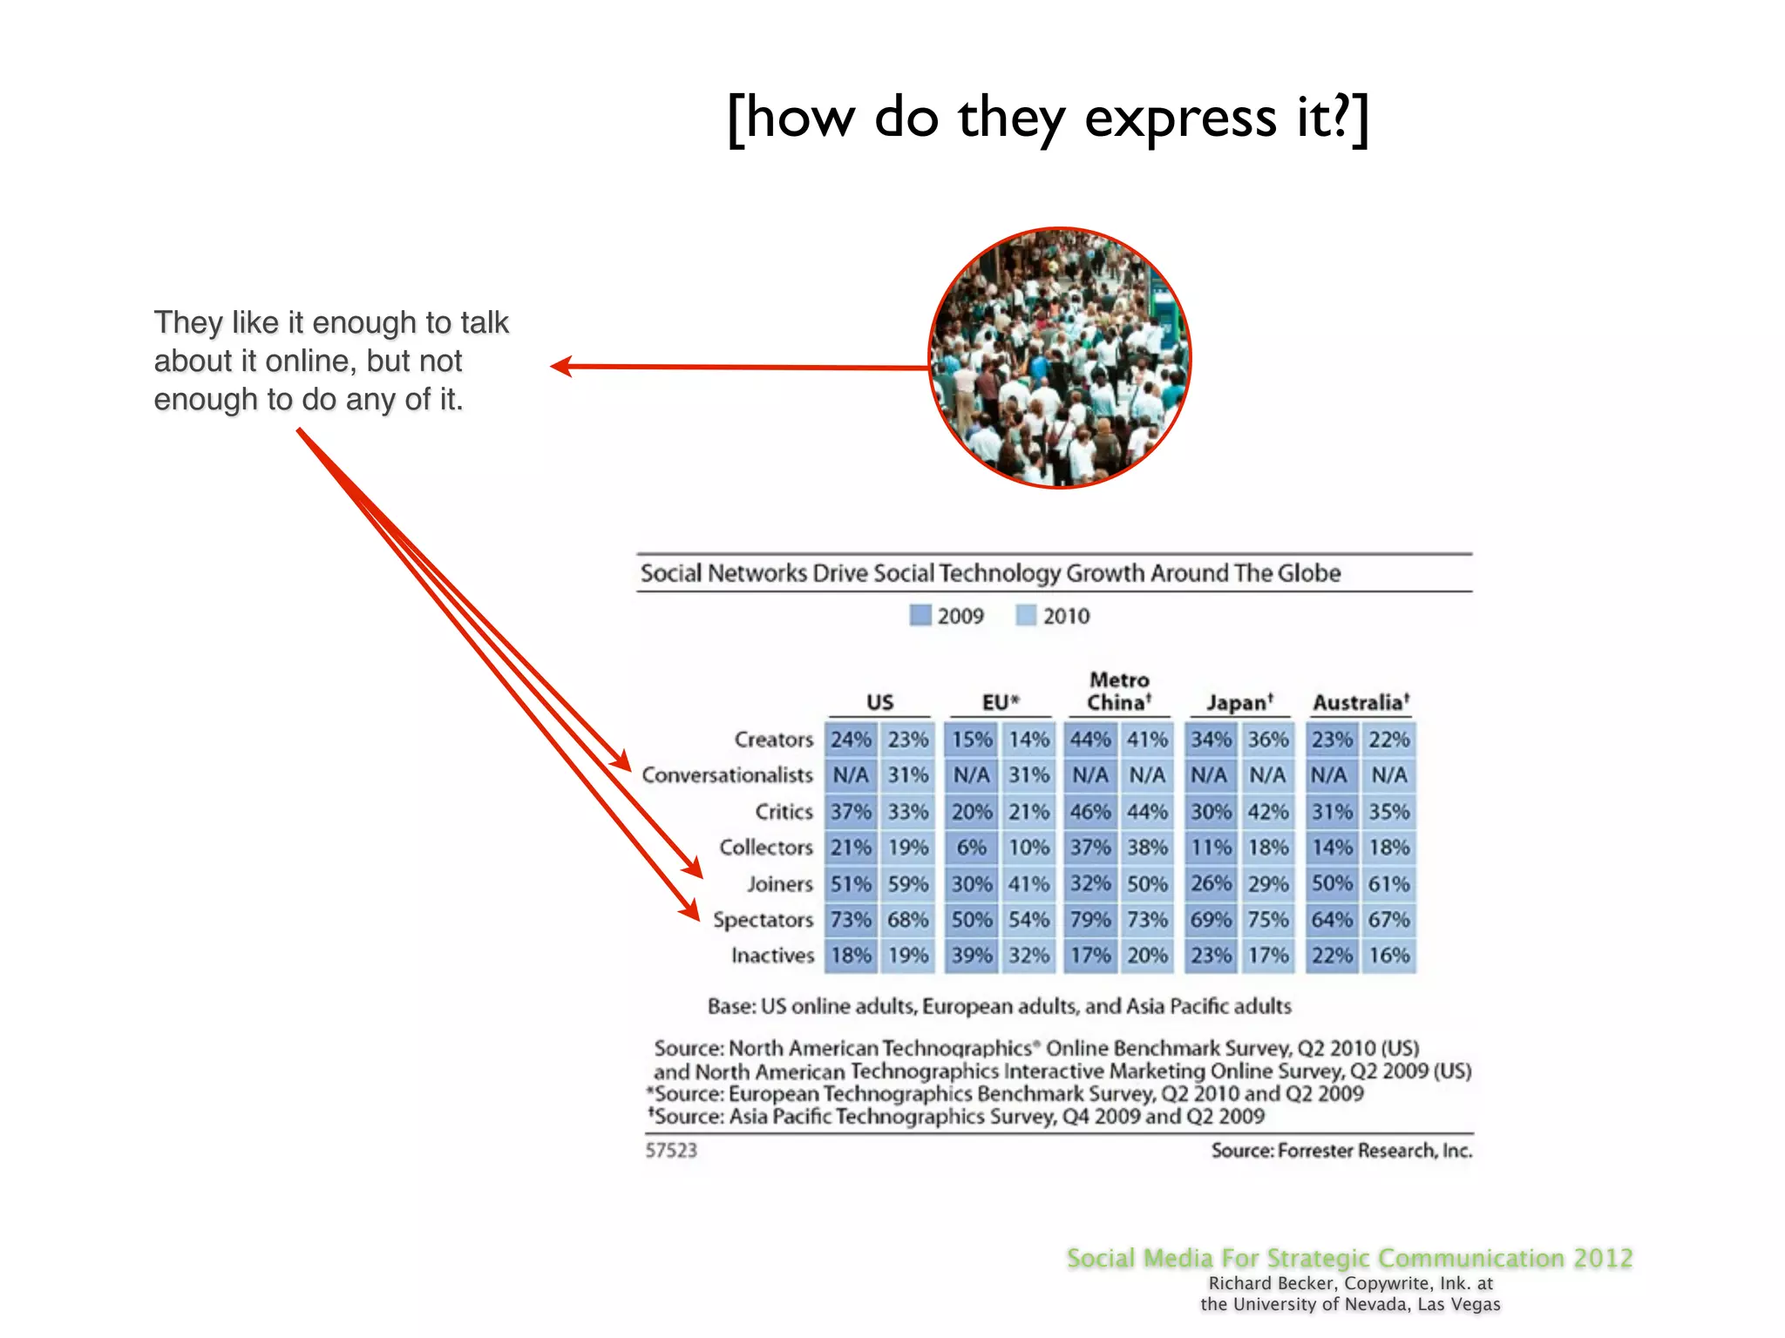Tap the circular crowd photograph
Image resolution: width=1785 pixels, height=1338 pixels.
(1060, 358)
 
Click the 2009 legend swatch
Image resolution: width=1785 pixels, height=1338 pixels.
(920, 616)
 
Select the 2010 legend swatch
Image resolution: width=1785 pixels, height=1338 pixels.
(1026, 616)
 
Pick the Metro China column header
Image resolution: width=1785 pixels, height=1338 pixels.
(1119, 691)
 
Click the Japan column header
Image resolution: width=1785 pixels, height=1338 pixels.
(1239, 702)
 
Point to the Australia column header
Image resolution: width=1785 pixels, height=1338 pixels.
(1361, 702)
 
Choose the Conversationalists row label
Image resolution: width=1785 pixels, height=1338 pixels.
(727, 775)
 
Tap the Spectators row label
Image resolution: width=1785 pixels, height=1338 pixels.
(763, 920)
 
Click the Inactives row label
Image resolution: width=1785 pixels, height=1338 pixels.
(772, 956)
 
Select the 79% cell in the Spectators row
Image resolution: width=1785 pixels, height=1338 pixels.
(1090, 920)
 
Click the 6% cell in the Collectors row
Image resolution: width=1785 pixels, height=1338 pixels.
(971, 848)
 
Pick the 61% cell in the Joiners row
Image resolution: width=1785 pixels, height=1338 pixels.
(1388, 883)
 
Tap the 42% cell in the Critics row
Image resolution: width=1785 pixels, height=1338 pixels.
(1267, 812)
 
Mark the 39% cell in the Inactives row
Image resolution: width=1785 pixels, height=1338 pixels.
(971, 956)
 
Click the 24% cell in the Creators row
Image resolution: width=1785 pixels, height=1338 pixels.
(851, 740)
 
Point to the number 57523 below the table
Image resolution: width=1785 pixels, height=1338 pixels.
(671, 1151)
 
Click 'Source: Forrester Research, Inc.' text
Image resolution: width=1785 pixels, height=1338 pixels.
(1341, 1151)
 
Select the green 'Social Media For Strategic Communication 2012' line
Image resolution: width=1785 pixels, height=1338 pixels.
(1349, 1259)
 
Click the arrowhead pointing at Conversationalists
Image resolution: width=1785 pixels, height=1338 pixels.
(621, 760)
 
